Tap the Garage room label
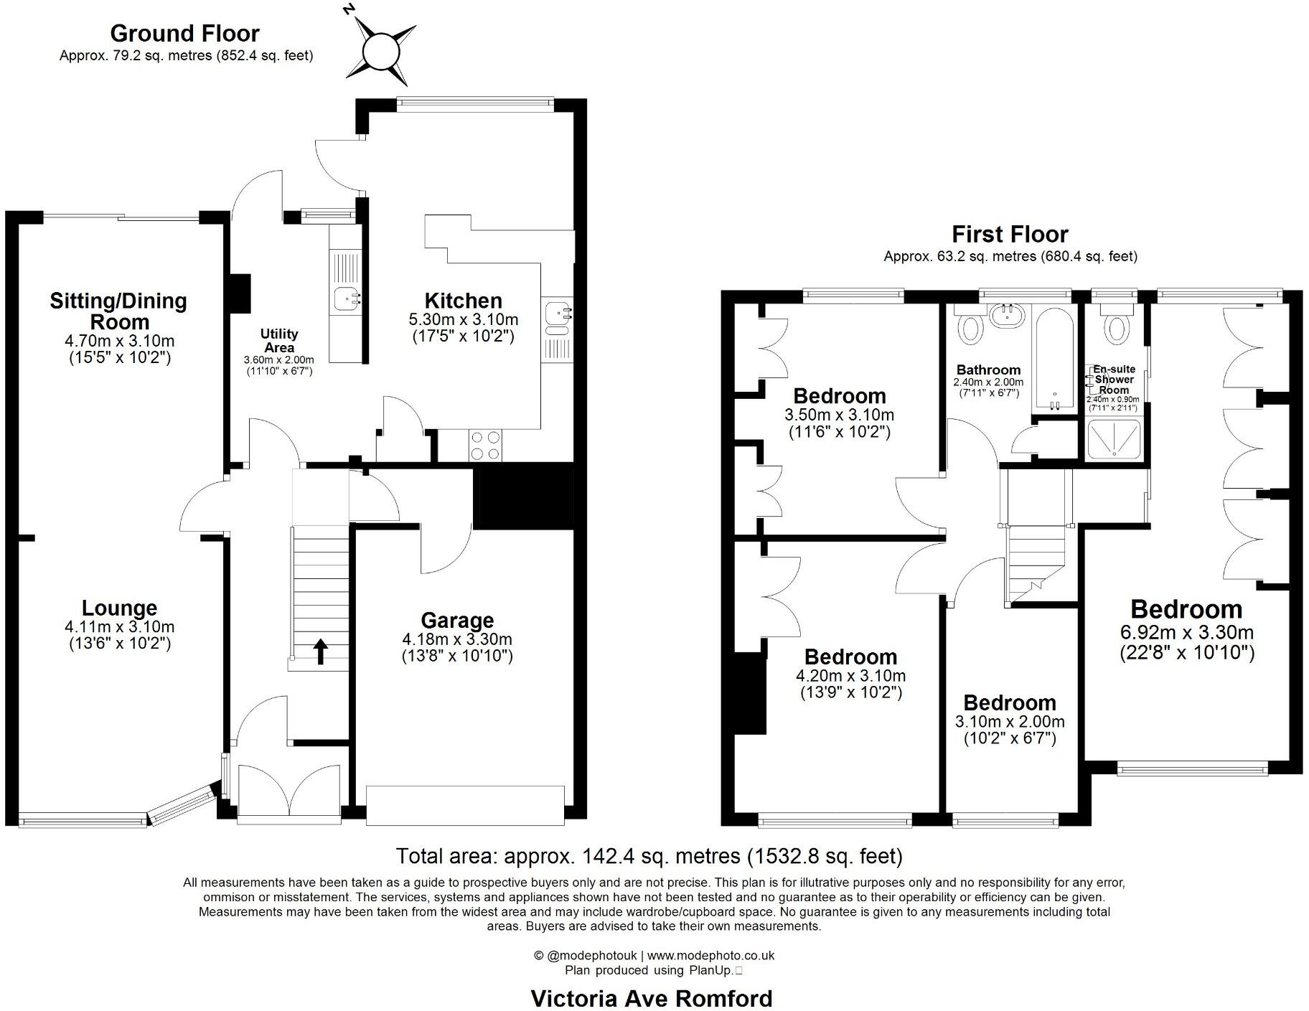[457, 621]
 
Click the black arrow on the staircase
[321, 652]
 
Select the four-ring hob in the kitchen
[484, 446]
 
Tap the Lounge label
[119, 608]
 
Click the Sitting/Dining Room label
[118, 310]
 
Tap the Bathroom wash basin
[1008, 314]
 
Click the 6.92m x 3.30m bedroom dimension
[1186, 633]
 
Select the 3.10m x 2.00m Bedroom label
[1010, 702]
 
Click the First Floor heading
[1010, 234]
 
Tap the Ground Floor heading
[184, 33]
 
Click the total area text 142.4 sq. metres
[649, 856]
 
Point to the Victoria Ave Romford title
[651, 998]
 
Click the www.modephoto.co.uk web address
[710, 955]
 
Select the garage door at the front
[465, 805]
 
